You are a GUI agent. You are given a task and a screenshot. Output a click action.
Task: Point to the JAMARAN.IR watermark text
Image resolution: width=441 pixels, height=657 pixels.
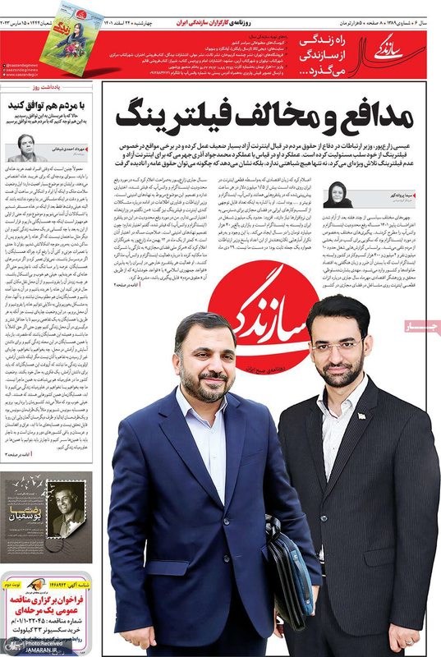coord(27,650)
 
